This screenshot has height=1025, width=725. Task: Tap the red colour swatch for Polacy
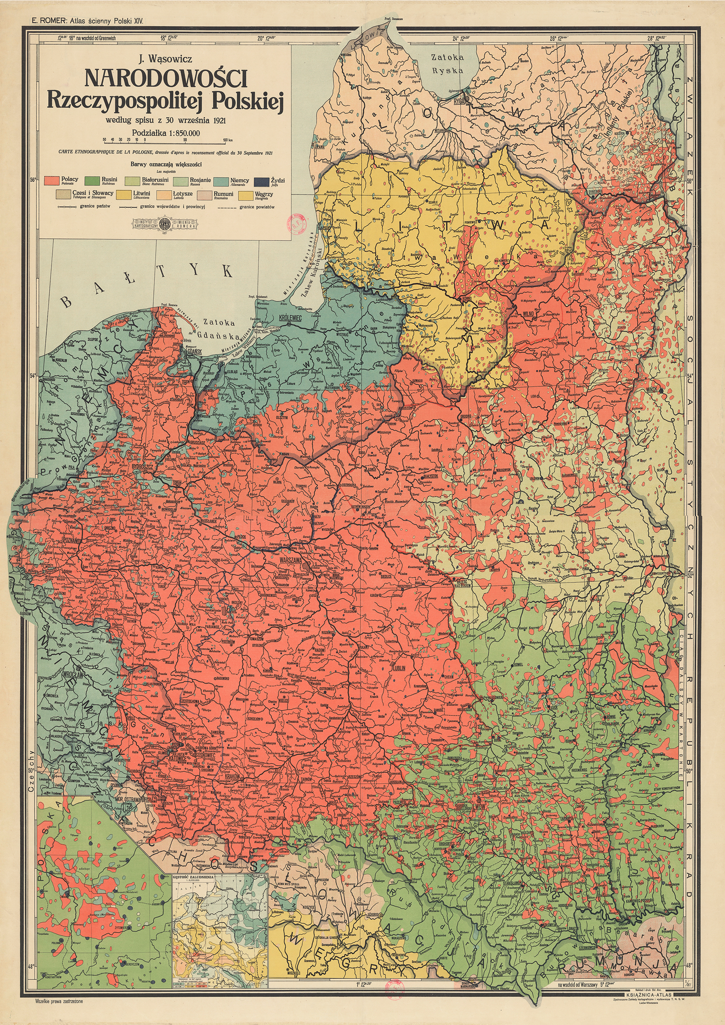point(52,181)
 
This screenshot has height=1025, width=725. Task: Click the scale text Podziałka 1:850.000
point(166,133)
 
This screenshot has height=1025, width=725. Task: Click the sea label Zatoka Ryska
point(448,64)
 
